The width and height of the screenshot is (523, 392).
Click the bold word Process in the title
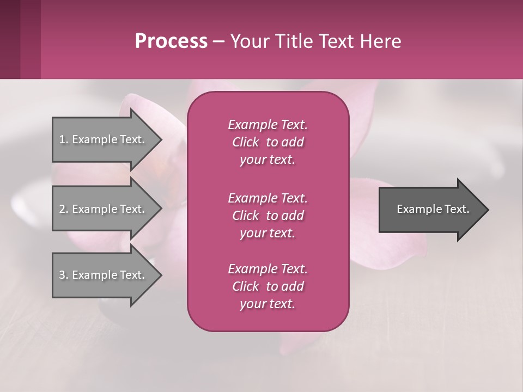[171, 41]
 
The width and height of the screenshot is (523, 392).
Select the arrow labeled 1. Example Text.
[104, 139]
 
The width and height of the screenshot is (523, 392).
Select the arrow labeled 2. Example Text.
[104, 209]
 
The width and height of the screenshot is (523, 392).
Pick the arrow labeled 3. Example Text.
[104, 275]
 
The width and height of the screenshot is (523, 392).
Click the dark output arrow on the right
[430, 209]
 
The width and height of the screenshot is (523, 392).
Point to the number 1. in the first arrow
[64, 139]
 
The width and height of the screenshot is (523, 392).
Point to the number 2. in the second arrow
[64, 209]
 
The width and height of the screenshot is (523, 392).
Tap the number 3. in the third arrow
[64, 275]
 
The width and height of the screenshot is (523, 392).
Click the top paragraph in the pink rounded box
[267, 142]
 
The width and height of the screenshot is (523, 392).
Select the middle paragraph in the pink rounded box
[267, 215]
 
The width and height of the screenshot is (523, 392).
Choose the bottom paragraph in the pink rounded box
[267, 286]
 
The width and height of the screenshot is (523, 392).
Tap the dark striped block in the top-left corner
[20, 39]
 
